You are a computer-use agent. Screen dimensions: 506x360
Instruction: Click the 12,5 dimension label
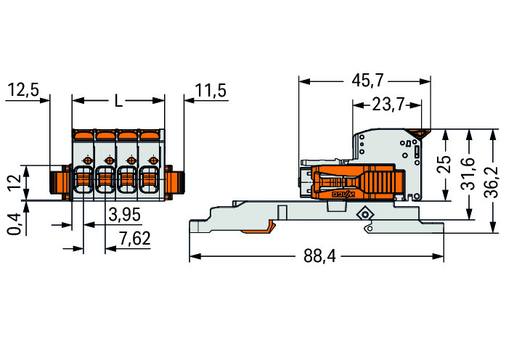pos(23,90)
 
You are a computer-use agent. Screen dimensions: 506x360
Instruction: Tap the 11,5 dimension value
pos(211,90)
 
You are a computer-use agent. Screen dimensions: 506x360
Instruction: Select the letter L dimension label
pos(119,102)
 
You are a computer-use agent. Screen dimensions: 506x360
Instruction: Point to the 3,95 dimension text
pos(125,215)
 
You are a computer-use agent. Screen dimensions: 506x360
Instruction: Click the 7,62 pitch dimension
pos(134,239)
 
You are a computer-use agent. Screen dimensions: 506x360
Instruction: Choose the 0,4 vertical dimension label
pos(15,224)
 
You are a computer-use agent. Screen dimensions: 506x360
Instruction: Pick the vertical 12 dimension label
pos(15,183)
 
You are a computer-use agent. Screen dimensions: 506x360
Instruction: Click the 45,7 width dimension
pos(367,80)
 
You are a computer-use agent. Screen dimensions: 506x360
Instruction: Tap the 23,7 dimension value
pos(388,105)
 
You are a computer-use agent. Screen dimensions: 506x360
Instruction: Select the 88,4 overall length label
pos(319,256)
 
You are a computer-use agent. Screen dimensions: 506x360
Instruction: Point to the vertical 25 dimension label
pos(445,164)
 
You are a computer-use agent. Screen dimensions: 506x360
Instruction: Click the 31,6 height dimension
pos(468,173)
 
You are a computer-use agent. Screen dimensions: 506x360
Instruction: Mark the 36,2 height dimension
pos(492,183)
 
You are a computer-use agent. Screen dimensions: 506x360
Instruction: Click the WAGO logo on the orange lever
pos(344,195)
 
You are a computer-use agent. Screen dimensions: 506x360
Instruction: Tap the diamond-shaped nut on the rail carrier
pos(365,213)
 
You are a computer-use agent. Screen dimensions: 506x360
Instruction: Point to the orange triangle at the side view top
pos(417,133)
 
